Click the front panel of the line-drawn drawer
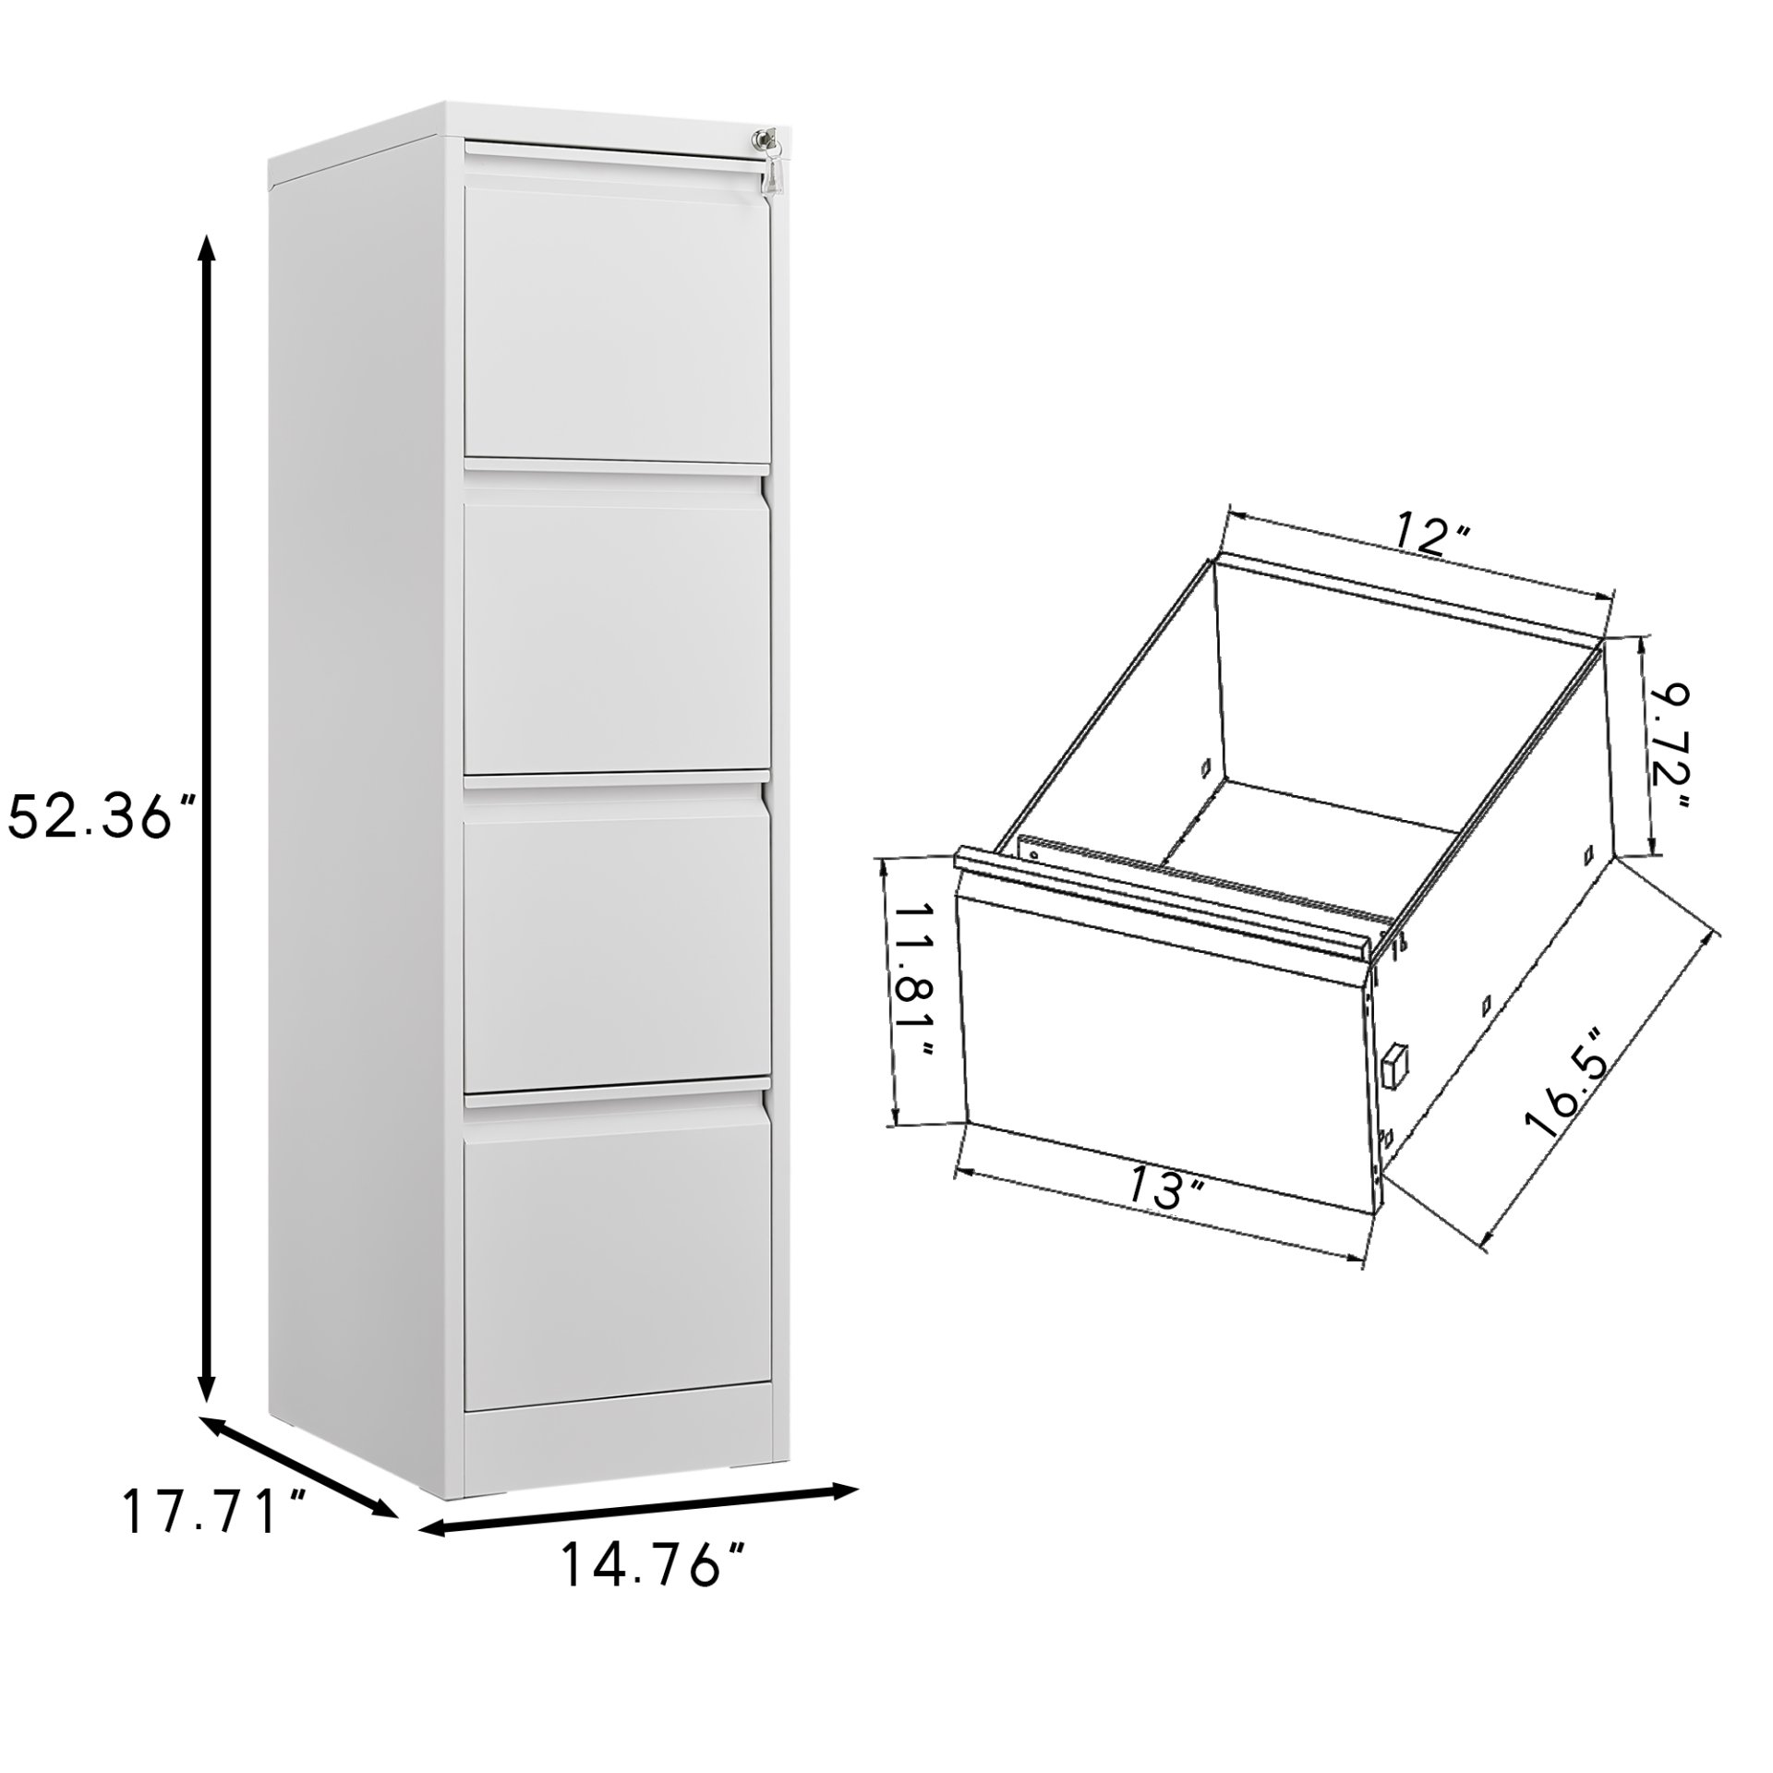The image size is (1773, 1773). [x=1164, y=1043]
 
